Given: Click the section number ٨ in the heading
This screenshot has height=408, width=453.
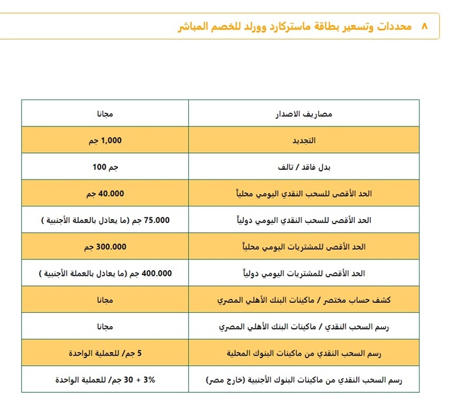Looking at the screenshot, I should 423,26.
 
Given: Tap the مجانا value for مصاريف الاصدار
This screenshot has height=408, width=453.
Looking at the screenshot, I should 105,114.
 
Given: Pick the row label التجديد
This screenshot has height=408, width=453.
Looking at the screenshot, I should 304,140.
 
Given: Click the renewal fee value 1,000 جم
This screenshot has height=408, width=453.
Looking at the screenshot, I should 105,140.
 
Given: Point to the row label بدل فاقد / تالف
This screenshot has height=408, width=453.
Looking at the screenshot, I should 304,167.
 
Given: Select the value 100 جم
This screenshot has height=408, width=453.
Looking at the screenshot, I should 105,167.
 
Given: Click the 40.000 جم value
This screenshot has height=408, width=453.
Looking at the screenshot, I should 105,194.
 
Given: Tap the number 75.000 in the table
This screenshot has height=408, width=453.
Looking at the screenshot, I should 157,220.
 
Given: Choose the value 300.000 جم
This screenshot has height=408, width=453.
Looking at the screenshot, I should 105,247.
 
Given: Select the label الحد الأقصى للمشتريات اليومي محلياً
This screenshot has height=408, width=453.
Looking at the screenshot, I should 304,247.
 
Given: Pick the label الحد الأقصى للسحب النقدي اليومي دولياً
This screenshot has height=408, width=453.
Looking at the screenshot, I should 304,220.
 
